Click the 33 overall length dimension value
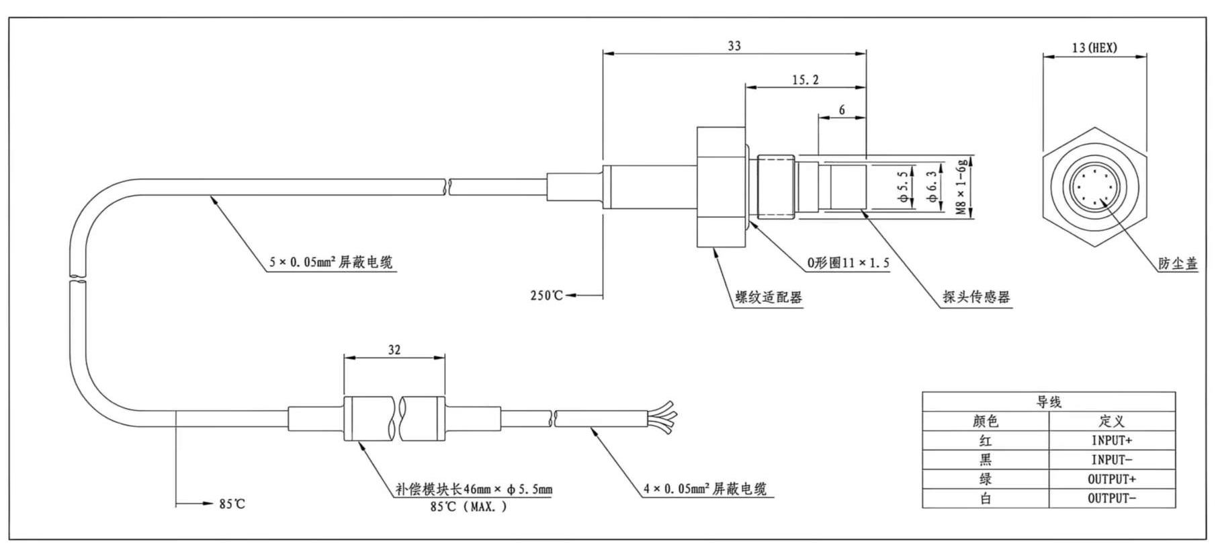[734, 46]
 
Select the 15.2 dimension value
[805, 80]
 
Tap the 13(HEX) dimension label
[1094, 48]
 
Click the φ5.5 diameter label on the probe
[903, 188]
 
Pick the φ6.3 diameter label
[931, 188]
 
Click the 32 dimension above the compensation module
[394, 350]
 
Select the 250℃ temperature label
[546, 296]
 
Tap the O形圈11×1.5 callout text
[848, 263]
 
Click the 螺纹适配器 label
[769, 297]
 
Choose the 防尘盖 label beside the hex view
[1178, 264]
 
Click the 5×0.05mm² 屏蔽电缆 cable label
[331, 262]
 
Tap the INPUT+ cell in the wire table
[1111, 440]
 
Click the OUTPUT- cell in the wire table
[1111, 498]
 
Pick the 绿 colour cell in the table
[985, 479]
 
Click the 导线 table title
[1048, 402]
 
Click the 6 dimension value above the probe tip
[842, 110]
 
